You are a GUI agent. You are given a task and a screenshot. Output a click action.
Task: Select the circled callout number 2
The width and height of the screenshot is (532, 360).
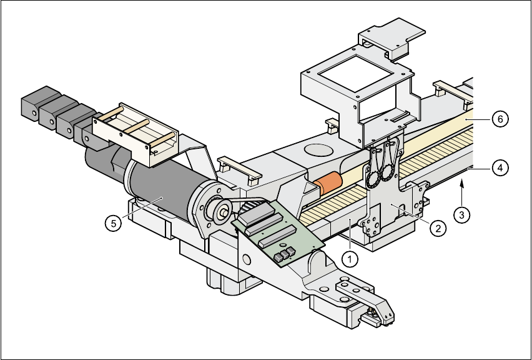(438, 228)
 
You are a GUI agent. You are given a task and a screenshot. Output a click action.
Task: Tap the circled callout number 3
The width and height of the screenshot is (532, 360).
(461, 215)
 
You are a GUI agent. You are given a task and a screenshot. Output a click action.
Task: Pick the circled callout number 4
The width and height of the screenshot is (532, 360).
(498, 167)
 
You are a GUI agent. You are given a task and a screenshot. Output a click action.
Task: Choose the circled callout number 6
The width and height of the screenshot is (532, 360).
(498, 119)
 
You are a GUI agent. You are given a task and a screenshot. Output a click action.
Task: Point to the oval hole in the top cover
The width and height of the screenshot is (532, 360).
(320, 149)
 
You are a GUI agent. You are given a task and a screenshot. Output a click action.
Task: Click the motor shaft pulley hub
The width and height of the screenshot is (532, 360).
(222, 211)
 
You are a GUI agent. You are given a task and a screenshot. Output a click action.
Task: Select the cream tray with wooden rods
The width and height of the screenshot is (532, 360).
(134, 132)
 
